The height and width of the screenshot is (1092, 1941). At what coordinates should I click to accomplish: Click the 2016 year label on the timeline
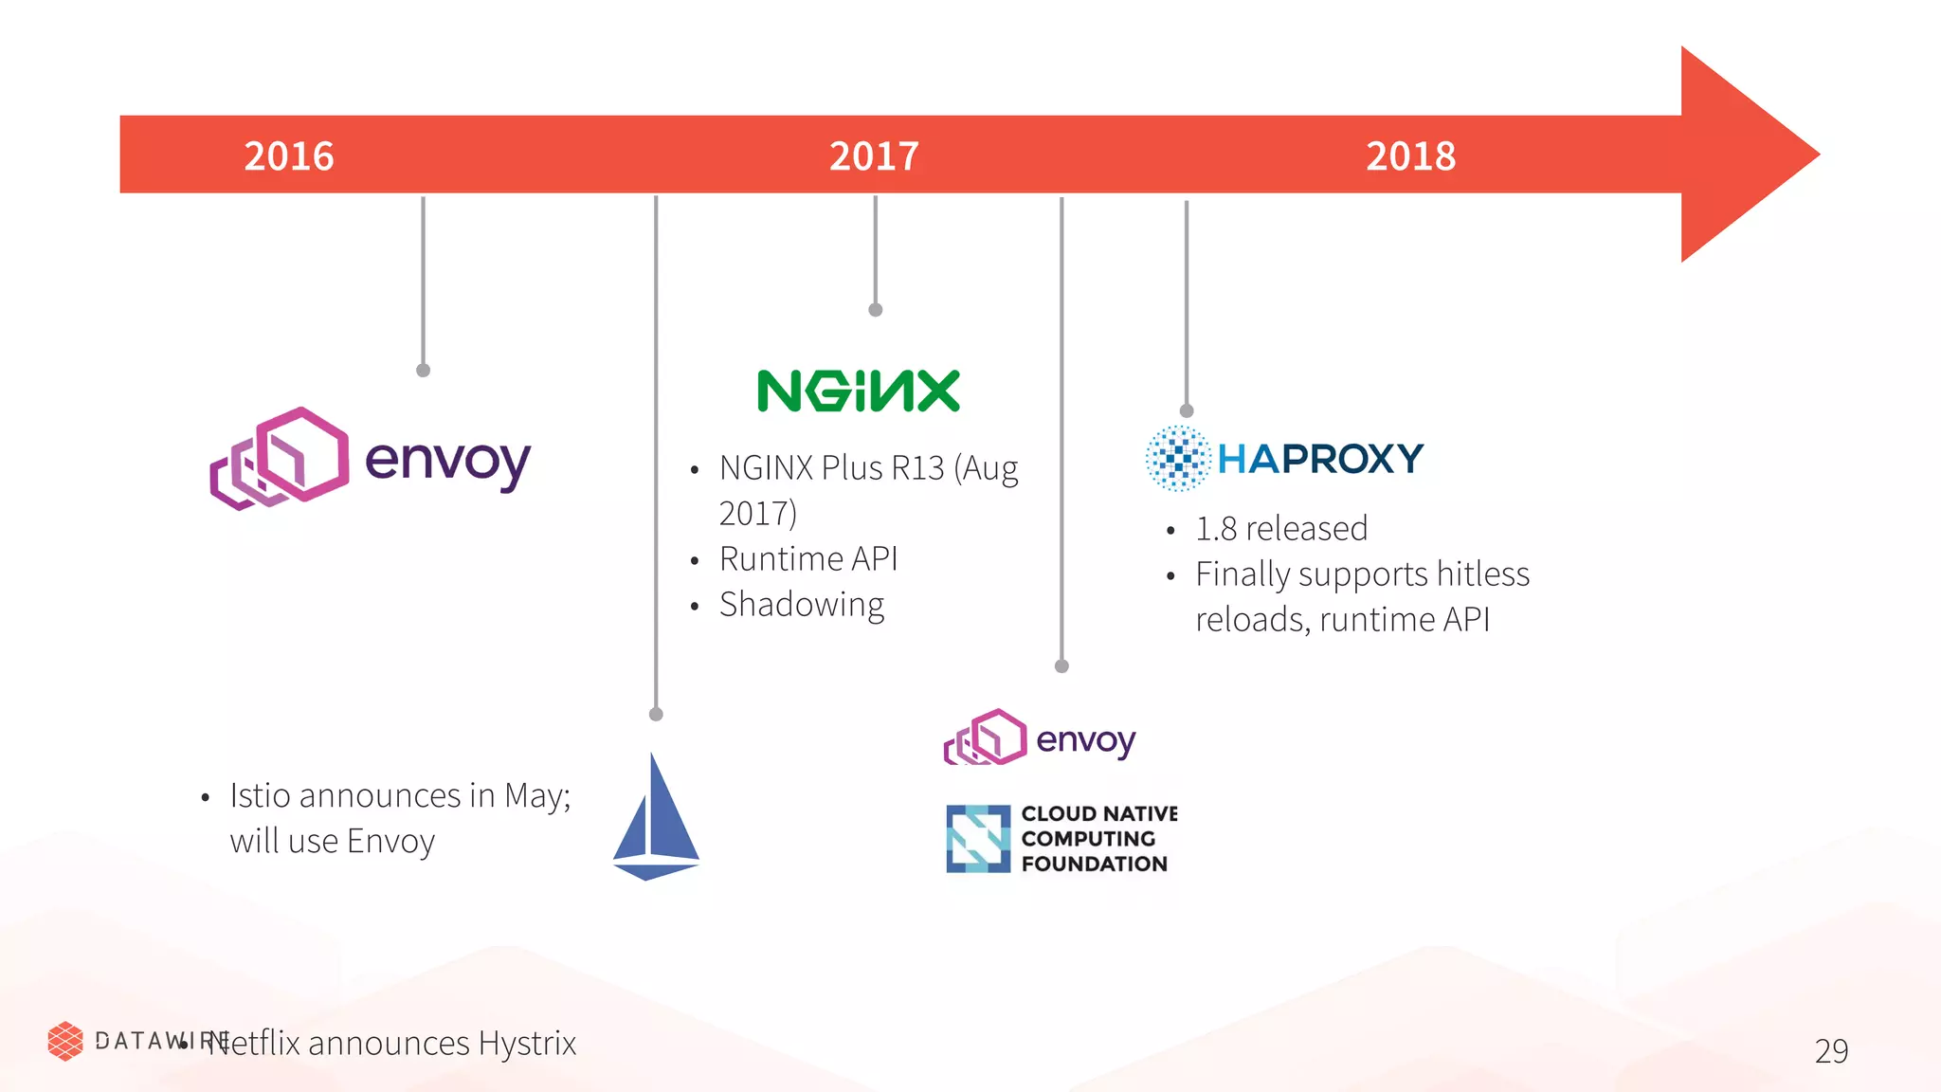click(x=289, y=156)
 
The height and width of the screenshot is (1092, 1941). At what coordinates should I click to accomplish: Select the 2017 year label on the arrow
click(x=874, y=156)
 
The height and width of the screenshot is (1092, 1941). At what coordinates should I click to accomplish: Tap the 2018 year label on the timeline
click(x=1410, y=156)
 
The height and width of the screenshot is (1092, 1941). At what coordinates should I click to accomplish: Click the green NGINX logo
click(x=859, y=391)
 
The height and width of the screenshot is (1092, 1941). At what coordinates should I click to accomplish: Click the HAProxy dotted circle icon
click(x=1178, y=459)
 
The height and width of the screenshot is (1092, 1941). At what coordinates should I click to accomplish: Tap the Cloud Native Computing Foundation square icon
click(x=978, y=838)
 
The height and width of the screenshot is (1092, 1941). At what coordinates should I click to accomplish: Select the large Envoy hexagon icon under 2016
click(x=280, y=459)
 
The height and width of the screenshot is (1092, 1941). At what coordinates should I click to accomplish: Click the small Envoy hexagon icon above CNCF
click(x=986, y=737)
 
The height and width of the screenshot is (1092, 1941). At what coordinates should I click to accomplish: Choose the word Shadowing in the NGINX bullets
click(x=802, y=605)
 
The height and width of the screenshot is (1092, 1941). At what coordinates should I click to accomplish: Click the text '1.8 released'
click(x=1281, y=529)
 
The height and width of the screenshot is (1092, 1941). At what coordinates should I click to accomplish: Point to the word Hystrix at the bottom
click(x=527, y=1043)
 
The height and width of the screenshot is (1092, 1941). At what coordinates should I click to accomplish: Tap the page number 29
click(x=1831, y=1050)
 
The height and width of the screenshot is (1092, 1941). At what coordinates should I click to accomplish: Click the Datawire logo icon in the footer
click(x=65, y=1041)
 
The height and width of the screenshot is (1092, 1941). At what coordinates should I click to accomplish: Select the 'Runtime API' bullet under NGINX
click(x=808, y=559)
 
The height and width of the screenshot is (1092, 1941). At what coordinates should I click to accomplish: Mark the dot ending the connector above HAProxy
click(x=1187, y=410)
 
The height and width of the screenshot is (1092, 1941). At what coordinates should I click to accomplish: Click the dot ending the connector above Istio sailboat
click(x=656, y=714)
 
